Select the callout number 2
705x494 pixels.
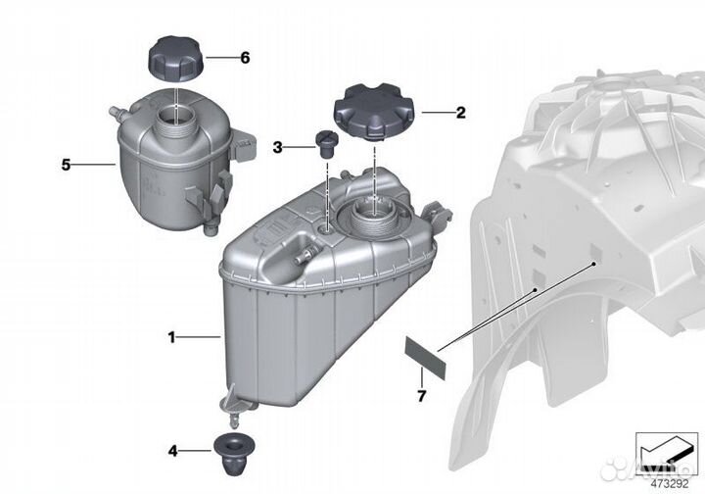tap(459, 113)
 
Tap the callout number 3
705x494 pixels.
tap(277, 147)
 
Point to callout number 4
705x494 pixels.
tap(173, 452)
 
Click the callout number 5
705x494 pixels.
tap(66, 165)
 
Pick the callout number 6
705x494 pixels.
tap(245, 58)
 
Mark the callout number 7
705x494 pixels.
tap(423, 397)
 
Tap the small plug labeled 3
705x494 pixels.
tap(324, 142)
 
